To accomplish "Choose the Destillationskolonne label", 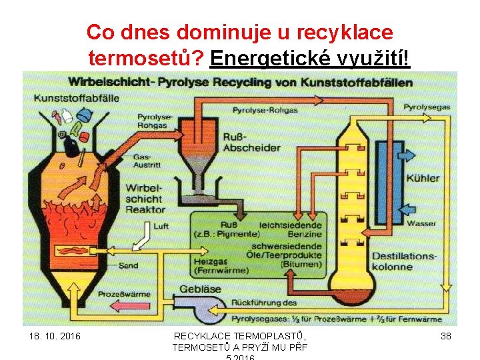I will click(x=404, y=261).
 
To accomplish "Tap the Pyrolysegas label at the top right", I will click(x=427, y=107).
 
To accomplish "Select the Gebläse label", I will click(x=200, y=289).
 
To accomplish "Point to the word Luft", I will click(x=161, y=226).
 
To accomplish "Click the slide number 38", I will click(x=446, y=336).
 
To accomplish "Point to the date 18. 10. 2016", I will click(x=55, y=336).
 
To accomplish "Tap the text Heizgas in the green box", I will click(x=209, y=261).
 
